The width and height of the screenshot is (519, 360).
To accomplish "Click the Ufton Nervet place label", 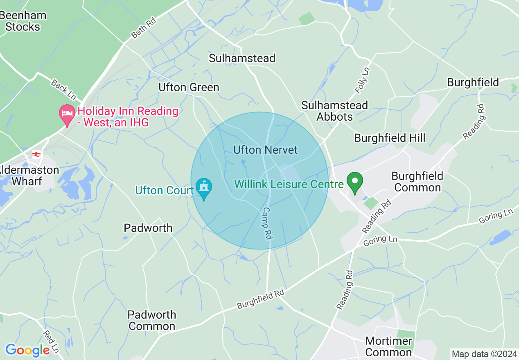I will (x=265, y=150).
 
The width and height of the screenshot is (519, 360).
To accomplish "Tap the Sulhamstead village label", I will (x=242, y=59).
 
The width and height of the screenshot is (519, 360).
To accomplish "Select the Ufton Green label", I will (x=189, y=88).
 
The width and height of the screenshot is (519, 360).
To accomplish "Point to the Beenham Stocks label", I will (x=23, y=21).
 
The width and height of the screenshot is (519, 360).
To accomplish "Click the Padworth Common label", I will (x=152, y=320).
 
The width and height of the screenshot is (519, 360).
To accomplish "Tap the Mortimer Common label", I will (x=388, y=346).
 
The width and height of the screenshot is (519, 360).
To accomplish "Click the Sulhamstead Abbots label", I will (x=334, y=111).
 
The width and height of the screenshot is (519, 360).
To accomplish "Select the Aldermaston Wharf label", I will (x=30, y=175).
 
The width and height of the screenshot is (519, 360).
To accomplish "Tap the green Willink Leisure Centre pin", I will (x=354, y=183).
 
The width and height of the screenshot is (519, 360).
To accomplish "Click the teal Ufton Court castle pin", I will (x=204, y=189).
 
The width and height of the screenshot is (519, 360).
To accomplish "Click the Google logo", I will (x=27, y=350).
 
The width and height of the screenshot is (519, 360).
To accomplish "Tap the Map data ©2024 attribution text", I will (x=484, y=354).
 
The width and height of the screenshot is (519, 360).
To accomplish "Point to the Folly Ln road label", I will (x=362, y=80).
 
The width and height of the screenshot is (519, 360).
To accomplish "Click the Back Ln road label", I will (x=63, y=90).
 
